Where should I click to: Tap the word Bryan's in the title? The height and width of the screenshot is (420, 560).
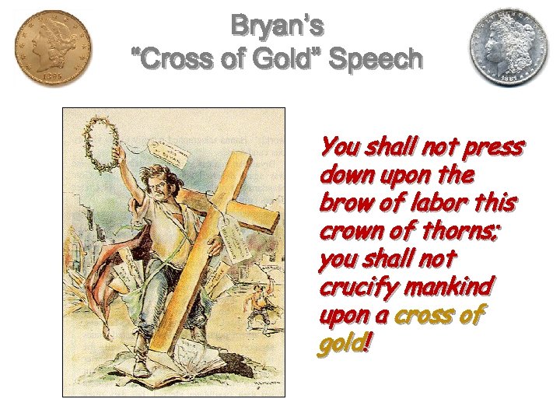277,27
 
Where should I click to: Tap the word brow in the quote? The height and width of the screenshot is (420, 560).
340,202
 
